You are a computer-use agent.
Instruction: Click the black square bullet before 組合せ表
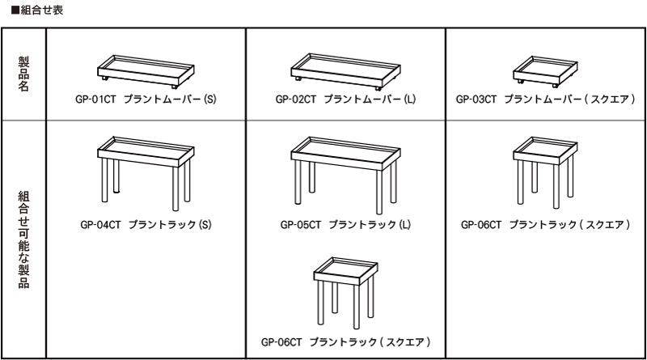tap(15, 10)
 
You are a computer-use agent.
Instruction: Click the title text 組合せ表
tap(42, 10)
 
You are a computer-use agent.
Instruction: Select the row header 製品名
tap(23, 74)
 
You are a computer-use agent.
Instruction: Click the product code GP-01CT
tap(95, 99)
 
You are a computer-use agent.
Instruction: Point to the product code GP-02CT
tap(296, 99)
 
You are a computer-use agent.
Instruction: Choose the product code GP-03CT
tap(476, 99)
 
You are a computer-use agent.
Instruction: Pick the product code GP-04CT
tap(100, 225)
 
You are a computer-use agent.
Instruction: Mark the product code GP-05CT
tap(301, 225)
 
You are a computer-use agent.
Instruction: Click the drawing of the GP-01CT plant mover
tap(146, 72)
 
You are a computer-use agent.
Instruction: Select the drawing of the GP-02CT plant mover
tap(346, 72)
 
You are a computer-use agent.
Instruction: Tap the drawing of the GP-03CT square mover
tap(545, 72)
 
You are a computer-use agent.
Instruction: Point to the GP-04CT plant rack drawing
tap(146, 174)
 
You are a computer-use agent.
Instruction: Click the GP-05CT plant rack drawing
tap(346, 176)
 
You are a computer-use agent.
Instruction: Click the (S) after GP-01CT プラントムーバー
tap(209, 99)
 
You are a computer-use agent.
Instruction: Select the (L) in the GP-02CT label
tap(410, 99)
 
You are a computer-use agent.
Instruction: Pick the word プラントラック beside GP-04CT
tap(163, 225)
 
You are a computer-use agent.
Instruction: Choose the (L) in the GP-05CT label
tap(405, 225)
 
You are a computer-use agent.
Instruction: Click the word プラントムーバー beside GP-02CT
tap(362, 99)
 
